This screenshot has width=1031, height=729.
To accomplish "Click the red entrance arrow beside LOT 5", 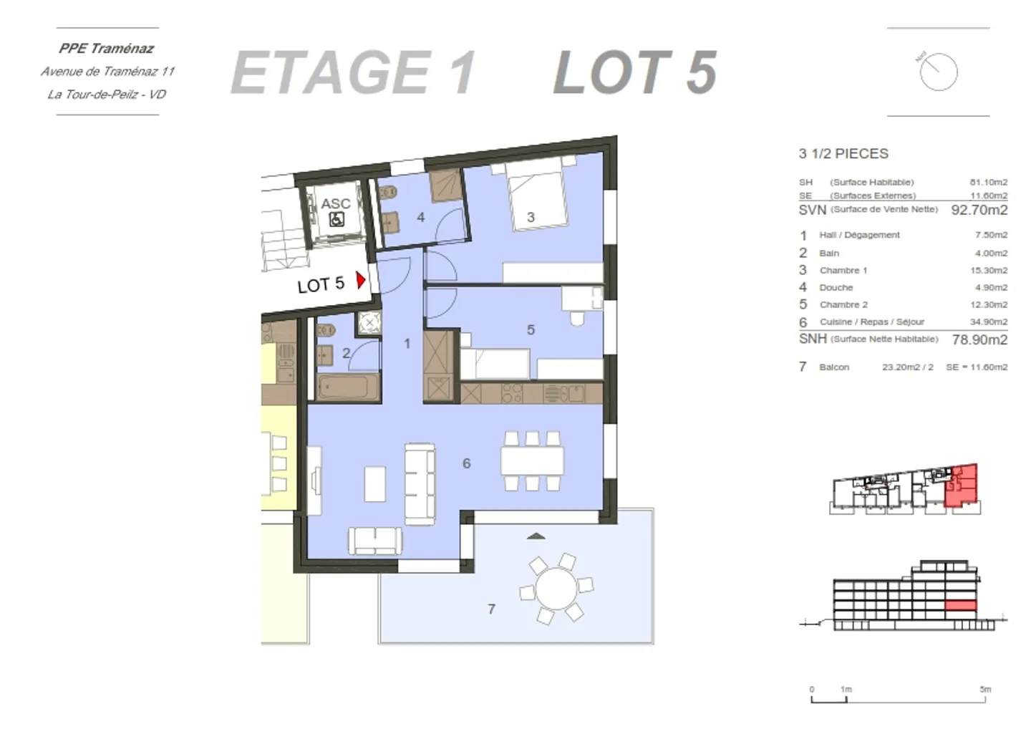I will tap(361, 279).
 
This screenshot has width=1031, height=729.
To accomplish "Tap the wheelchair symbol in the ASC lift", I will tap(336, 220).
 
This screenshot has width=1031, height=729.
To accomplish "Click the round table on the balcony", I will tap(556, 589).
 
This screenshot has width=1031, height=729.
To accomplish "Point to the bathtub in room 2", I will tap(347, 387).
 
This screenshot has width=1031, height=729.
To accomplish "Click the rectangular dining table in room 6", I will tap(532, 460).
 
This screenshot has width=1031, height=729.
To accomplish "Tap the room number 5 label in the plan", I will tap(531, 330).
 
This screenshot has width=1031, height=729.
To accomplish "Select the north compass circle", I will tap(939, 72).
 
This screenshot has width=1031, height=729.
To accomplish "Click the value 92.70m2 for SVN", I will tap(979, 210).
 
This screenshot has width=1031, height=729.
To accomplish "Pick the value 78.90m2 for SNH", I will tap(979, 339).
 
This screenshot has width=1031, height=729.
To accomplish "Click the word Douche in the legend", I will tap(836, 288).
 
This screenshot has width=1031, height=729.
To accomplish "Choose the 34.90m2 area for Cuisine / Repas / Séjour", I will tap(989, 322).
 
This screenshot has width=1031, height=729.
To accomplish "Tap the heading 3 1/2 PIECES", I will tap(843, 154).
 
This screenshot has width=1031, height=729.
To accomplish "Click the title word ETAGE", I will tap(330, 72).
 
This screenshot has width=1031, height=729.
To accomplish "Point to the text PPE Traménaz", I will tap(107, 49).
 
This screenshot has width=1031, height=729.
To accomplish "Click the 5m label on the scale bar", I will tap(985, 690).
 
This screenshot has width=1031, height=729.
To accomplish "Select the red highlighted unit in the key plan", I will tap(962, 485).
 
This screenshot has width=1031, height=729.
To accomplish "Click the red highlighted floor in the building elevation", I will tap(961, 606).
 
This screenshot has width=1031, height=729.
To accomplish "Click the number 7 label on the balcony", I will tap(491, 609).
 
